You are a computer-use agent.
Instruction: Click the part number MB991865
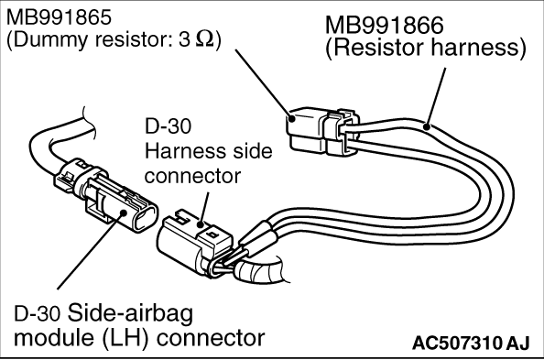pyautogui.click(x=59, y=17)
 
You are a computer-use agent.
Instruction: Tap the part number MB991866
pyautogui.click(x=384, y=25)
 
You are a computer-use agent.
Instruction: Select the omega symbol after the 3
pyautogui.click(x=205, y=40)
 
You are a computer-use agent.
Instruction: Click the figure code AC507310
pyautogui.click(x=457, y=344)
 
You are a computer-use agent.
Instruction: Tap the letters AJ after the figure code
pyautogui.click(x=518, y=344)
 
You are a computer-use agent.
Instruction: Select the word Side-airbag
pyautogui.click(x=130, y=313)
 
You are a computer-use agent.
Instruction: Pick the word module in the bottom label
pyautogui.click(x=56, y=338)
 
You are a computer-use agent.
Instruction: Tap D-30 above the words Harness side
pyautogui.click(x=168, y=125)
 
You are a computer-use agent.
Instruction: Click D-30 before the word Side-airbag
pyautogui.click(x=38, y=314)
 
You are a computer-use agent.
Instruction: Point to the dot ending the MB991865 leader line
pyautogui.click(x=292, y=119)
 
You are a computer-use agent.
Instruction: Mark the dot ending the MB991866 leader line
pyautogui.click(x=427, y=127)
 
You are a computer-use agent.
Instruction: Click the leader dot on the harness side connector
pyautogui.click(x=201, y=225)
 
